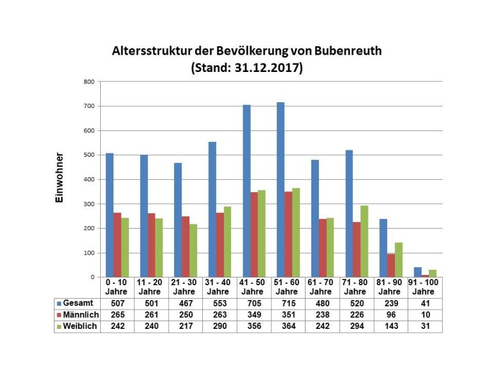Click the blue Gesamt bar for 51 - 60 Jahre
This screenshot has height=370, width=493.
(281, 189)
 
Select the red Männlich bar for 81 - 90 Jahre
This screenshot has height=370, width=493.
(390, 265)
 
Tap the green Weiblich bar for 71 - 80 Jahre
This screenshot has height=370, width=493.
(364, 233)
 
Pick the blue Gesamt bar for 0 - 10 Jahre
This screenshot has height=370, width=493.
(110, 215)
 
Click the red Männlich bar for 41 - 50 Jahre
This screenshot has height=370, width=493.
(254, 234)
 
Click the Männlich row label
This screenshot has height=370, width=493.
(77, 314)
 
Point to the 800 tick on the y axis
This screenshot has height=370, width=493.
(89, 82)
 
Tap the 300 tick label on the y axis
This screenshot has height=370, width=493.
(89, 204)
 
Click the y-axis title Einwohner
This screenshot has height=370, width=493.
(59, 178)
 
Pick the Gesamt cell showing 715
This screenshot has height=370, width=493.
(288, 303)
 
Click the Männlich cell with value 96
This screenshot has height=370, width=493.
(390, 314)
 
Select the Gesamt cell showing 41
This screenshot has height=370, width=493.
(424, 303)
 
